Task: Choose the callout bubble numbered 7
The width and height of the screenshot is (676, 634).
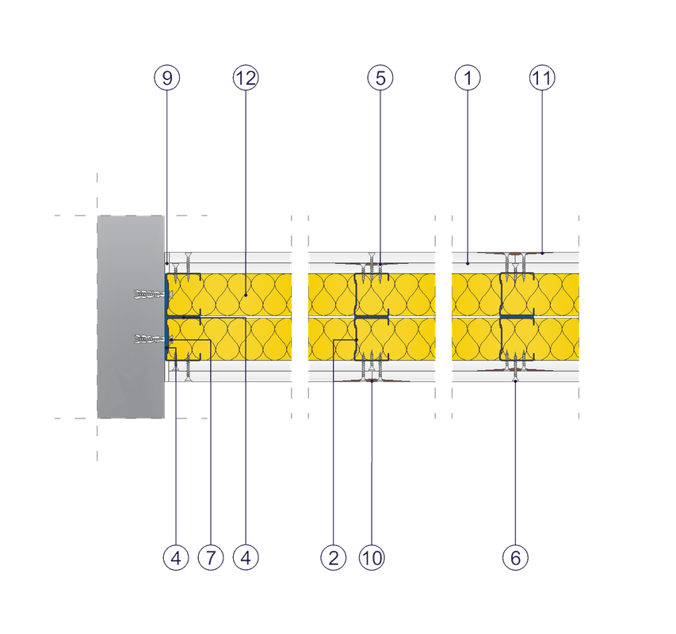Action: click(x=210, y=559)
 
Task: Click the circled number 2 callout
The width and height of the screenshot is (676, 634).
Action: click(x=334, y=559)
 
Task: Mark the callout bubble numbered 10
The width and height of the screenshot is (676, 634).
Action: click(x=372, y=559)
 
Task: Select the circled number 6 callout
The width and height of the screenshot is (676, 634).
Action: click(x=515, y=559)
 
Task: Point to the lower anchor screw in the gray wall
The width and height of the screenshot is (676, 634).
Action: click(x=149, y=340)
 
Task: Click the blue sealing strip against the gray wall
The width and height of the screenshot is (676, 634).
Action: click(x=166, y=317)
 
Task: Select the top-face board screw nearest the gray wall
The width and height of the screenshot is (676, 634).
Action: click(x=188, y=262)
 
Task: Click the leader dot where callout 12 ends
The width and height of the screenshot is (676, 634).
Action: click(x=245, y=295)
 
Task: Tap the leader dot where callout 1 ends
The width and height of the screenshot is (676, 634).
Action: click(x=467, y=261)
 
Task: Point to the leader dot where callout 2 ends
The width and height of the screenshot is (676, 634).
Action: click(x=357, y=341)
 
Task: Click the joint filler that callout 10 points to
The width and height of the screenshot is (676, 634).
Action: click(x=372, y=382)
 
